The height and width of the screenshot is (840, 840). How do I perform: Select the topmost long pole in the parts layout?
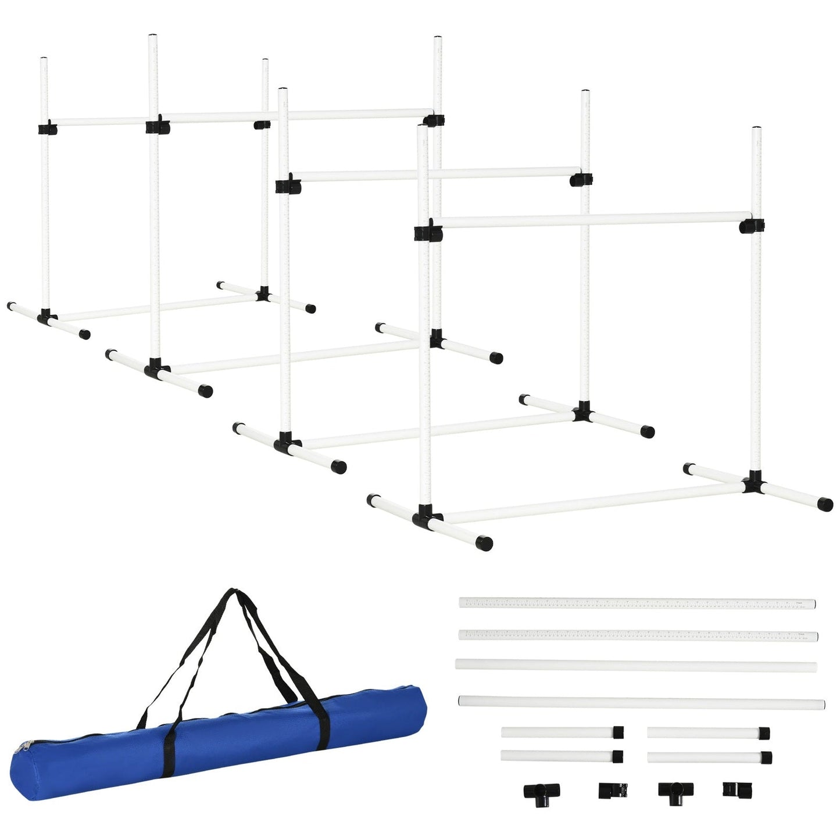tap(637, 603)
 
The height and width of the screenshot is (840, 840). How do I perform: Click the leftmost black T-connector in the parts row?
tap(541, 792)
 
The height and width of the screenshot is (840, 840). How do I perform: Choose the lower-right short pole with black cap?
tap(709, 757)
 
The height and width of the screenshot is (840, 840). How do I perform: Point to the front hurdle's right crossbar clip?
tap(752, 226)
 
